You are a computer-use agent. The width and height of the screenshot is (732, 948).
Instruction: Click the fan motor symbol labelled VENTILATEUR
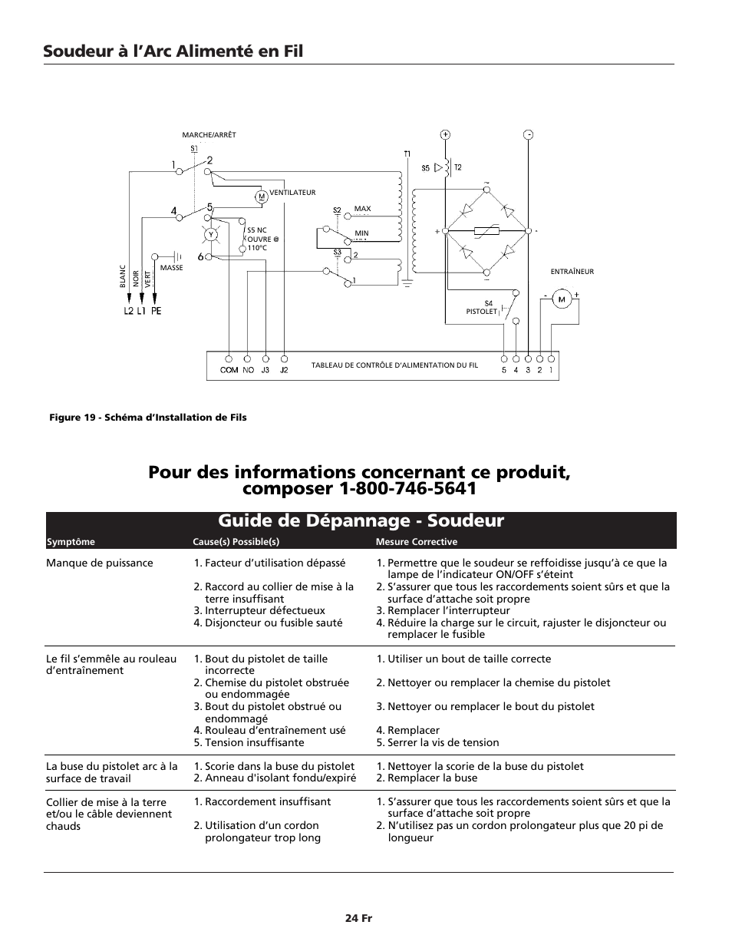tap(261, 197)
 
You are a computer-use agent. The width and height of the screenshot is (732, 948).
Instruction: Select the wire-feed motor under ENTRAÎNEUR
tap(561, 299)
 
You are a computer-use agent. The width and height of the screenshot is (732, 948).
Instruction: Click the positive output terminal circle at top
tap(446, 134)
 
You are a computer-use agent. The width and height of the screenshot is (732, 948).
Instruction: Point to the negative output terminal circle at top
tap(528, 134)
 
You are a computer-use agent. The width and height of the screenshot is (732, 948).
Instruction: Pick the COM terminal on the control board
tap(229, 358)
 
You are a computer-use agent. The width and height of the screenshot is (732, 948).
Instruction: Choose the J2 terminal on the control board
tap(284, 358)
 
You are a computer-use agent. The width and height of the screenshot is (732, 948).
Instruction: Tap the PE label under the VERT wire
tap(156, 311)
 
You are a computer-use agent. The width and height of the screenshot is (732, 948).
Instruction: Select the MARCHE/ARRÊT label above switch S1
tap(209, 135)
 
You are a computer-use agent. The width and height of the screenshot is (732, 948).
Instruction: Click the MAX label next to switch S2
tap(362, 209)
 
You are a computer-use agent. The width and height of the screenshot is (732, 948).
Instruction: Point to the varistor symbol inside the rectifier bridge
tap(487, 230)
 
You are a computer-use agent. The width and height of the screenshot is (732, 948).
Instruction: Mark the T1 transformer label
tap(407, 154)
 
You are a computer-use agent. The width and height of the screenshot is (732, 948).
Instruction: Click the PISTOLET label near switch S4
tap(482, 312)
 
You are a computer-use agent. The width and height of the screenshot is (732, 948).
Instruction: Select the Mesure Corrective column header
tap(416, 542)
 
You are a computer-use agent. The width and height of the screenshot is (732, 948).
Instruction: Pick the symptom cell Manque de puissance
tap(100, 563)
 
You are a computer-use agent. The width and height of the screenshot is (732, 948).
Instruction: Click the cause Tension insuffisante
tap(254, 742)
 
